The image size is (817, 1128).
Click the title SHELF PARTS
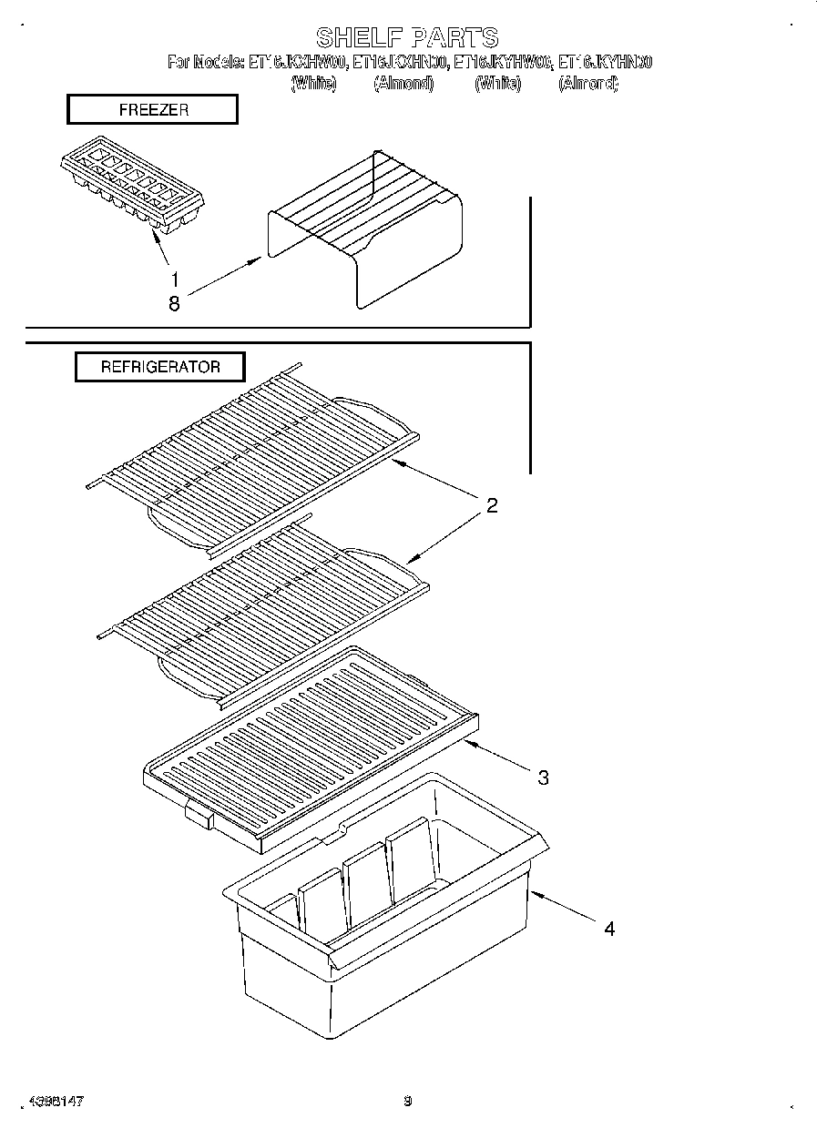point(407,37)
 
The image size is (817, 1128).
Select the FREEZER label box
point(153,109)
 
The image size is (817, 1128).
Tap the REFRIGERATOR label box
point(159,367)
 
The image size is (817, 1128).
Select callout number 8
point(174,305)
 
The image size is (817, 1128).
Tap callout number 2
point(491,506)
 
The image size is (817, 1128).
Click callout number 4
point(609,929)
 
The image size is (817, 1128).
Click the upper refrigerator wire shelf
point(255,455)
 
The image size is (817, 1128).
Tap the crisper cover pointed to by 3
point(310,747)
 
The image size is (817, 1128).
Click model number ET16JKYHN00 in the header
point(605,63)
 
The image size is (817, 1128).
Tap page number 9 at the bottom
point(407,1102)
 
